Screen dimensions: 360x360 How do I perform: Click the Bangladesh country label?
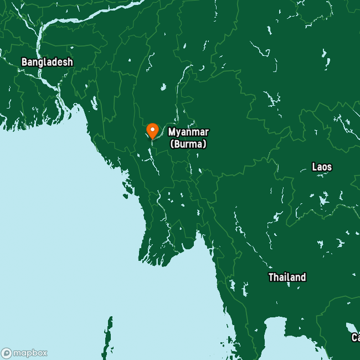[47, 62]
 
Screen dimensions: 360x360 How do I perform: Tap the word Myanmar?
[189, 132]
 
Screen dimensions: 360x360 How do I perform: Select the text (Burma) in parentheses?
[188, 144]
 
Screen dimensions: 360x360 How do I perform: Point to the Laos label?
[322, 167]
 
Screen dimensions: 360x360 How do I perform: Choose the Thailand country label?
[287, 277]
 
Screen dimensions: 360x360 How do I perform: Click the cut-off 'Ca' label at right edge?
[355, 337]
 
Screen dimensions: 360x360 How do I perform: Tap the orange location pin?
[152, 131]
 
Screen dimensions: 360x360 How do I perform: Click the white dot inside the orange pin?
[152, 129]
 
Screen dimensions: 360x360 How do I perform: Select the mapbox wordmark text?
[30, 353]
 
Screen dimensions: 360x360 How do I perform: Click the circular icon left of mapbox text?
[7, 353]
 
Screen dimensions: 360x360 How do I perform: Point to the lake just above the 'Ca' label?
[351, 326]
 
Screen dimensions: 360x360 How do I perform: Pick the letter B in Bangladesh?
[24, 62]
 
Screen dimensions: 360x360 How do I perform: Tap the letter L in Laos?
[315, 167]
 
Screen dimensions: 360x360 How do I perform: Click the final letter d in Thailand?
[303, 277]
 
